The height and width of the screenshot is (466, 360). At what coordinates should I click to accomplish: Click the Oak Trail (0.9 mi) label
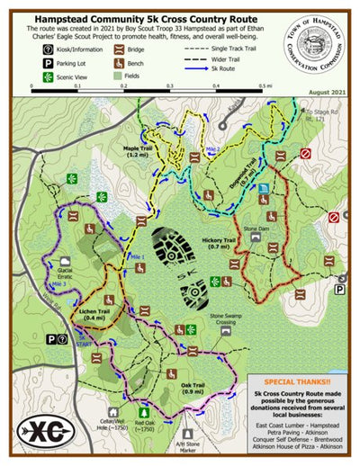click(193, 389)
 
